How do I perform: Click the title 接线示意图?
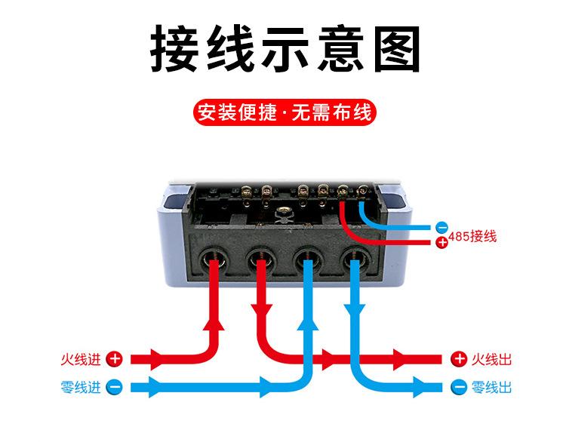[x=284, y=50]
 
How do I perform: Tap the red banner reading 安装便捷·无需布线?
[x=284, y=114]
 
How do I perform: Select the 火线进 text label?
[x=81, y=360]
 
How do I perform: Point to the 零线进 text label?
[x=81, y=388]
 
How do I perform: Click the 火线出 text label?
[x=491, y=360]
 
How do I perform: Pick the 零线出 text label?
[x=491, y=388]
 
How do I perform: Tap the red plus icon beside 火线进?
[x=114, y=360]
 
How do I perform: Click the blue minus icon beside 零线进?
[x=114, y=388]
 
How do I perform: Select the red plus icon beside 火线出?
[x=459, y=360]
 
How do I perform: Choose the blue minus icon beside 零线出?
[x=459, y=388]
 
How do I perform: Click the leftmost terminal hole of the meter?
[x=214, y=262]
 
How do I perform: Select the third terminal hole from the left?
[x=308, y=262]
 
